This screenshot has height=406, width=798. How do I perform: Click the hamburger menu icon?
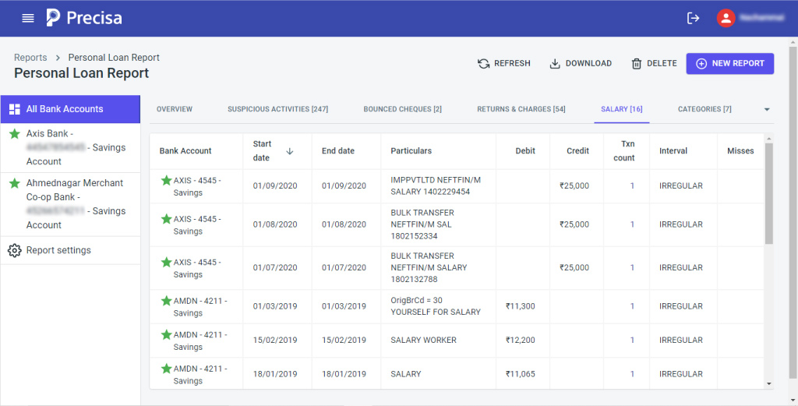(28, 18)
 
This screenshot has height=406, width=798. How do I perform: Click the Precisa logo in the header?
(84, 18)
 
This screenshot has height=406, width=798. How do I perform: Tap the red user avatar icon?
(726, 18)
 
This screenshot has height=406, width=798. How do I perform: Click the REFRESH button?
(504, 63)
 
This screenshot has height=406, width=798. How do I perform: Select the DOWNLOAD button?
(581, 63)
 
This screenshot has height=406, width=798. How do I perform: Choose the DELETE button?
(654, 63)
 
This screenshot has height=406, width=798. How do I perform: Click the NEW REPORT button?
(729, 63)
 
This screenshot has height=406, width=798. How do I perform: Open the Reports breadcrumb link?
(30, 58)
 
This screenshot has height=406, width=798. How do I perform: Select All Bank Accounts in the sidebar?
(65, 109)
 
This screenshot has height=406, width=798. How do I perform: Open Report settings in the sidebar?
(58, 250)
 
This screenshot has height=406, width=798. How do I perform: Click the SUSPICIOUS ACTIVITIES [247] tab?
(277, 109)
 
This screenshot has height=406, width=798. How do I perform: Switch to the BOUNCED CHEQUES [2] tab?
(402, 109)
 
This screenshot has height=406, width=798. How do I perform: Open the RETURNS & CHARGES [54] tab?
(521, 109)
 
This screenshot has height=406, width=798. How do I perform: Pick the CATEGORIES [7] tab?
(704, 109)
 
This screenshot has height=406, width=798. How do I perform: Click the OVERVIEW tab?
(175, 109)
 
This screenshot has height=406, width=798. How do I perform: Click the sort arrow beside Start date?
(290, 151)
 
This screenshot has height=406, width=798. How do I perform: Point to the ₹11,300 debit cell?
(520, 306)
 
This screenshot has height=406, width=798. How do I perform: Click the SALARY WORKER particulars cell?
(423, 340)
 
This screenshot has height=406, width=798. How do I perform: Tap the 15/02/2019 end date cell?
(344, 340)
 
